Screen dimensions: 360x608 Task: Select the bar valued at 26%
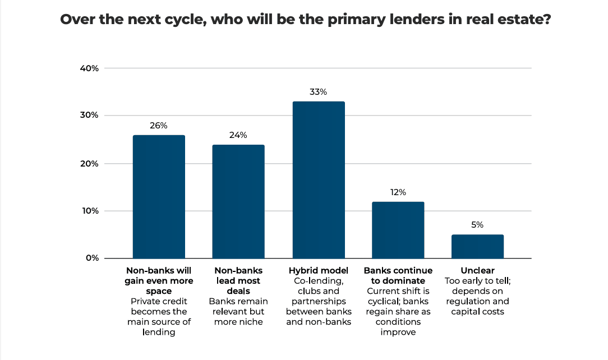[x=159, y=196]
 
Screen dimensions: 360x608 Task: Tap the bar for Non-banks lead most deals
[x=238, y=201]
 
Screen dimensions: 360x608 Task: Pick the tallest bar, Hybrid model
[x=319, y=179]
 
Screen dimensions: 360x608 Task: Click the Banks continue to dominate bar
[x=398, y=230]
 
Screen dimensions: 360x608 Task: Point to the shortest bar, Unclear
[x=477, y=246]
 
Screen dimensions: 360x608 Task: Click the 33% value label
[x=318, y=92]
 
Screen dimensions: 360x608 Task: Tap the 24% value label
[x=238, y=135]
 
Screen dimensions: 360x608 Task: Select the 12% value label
[x=398, y=192]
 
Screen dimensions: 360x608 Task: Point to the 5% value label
[x=477, y=225]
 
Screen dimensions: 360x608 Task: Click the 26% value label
[x=159, y=126]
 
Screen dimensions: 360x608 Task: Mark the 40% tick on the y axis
[x=90, y=68]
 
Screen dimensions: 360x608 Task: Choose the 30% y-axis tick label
[x=90, y=116]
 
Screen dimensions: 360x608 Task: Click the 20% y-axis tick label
[x=90, y=164]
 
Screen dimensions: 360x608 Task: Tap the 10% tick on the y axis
[x=90, y=211]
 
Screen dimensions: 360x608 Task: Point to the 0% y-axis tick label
[x=92, y=259]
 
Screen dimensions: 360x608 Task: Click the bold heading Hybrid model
[x=318, y=270]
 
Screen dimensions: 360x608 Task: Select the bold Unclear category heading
[x=477, y=270]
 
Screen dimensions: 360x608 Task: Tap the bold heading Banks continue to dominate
[x=398, y=275]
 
